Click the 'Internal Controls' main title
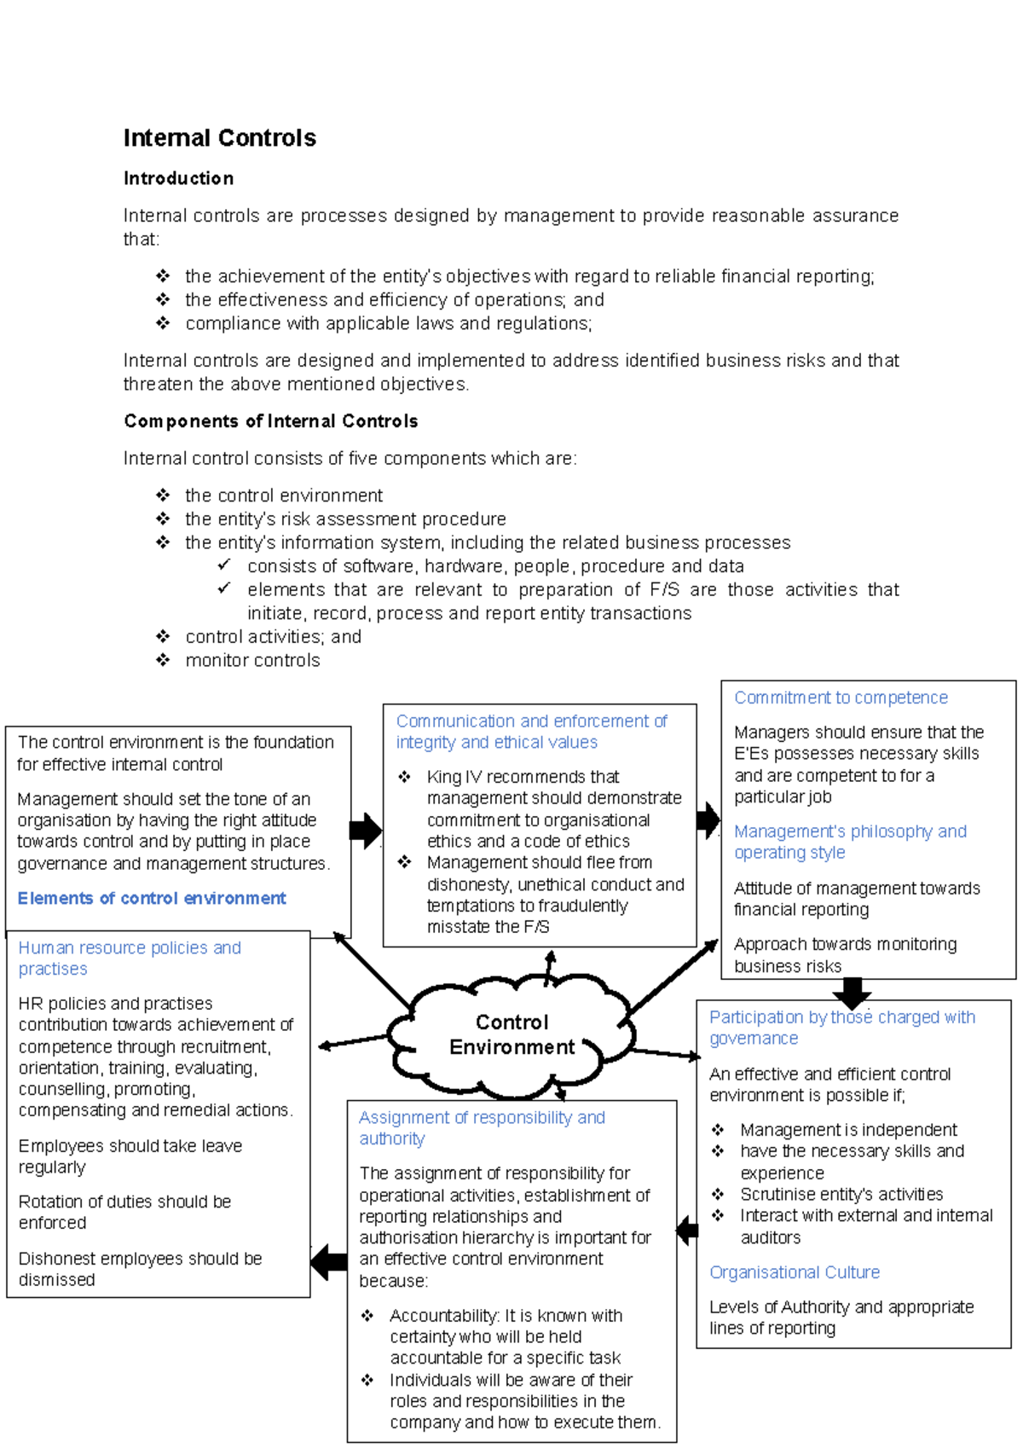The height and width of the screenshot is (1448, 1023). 219,138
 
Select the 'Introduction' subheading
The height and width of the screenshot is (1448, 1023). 178,178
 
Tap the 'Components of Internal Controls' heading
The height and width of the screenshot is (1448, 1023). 270,421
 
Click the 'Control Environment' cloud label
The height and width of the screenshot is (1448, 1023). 511,1034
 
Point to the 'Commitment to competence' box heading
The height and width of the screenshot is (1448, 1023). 841,698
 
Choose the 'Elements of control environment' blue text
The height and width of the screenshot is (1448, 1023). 152,898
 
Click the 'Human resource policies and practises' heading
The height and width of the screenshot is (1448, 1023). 130,958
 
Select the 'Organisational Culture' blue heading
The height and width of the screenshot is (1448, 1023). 795,1272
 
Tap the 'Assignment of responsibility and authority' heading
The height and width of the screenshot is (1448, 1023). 482,1127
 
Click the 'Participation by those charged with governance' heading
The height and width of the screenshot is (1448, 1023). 841,1027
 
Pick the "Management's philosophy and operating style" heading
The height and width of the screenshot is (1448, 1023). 850,842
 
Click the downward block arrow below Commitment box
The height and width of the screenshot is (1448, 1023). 852,993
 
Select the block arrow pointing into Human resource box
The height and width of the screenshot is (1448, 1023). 328,1262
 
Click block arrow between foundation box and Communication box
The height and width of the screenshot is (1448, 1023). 366,831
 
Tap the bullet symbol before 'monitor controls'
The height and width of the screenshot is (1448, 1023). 163,660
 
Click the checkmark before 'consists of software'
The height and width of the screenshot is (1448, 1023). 224,565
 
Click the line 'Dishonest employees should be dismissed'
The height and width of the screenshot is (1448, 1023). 140,1269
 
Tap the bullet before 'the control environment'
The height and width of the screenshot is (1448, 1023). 163,495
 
